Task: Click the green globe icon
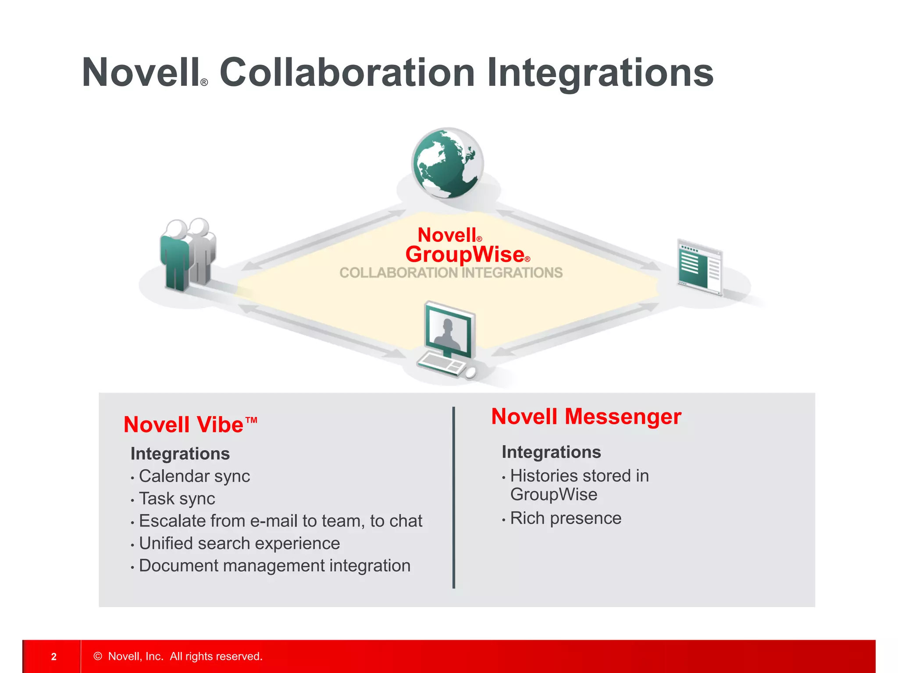(x=447, y=163)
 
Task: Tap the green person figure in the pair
(x=175, y=259)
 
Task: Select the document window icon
(x=700, y=267)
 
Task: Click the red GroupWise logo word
(x=465, y=254)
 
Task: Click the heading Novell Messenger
(x=586, y=416)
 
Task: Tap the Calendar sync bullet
(x=194, y=476)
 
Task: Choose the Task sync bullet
(x=177, y=499)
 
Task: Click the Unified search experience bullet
(x=239, y=543)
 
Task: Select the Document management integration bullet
(x=274, y=566)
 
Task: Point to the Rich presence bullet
(x=566, y=518)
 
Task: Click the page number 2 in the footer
(x=54, y=656)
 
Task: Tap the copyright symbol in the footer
(x=98, y=656)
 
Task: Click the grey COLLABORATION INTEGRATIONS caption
(x=451, y=273)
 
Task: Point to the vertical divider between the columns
(x=453, y=497)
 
